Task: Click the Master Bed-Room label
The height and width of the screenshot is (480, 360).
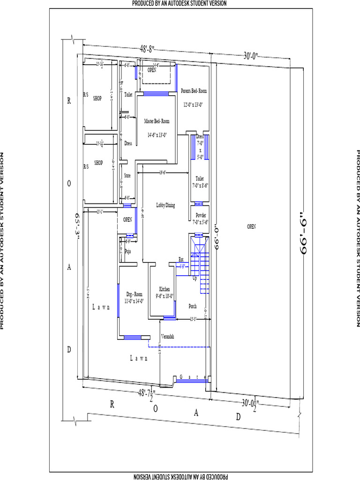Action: (x=157, y=121)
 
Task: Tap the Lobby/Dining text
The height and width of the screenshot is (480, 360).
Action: (x=165, y=205)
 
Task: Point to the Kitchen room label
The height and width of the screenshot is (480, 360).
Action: (x=164, y=289)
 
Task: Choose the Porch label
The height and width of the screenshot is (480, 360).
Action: (x=192, y=306)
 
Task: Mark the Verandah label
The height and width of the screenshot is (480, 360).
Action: (x=168, y=337)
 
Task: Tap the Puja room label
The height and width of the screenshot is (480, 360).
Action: (x=127, y=251)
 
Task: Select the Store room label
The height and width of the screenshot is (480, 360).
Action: (x=127, y=176)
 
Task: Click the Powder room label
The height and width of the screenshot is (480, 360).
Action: (x=201, y=215)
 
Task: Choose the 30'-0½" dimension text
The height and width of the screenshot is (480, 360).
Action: (x=251, y=403)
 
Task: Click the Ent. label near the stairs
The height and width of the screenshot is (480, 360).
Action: (x=181, y=259)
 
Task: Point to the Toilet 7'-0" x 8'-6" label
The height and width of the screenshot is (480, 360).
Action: (x=200, y=182)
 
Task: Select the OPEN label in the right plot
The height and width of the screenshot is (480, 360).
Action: (x=251, y=226)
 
